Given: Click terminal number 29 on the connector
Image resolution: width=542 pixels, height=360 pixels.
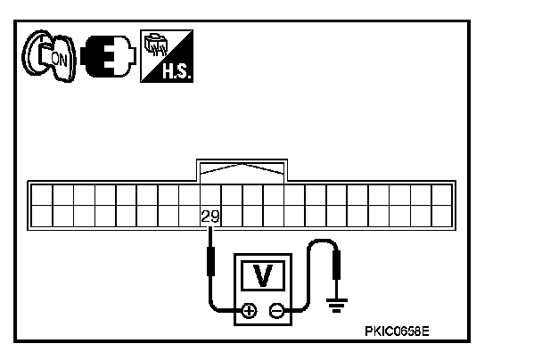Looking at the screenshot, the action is (x=211, y=216).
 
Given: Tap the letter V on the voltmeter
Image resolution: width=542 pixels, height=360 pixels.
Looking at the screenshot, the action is (x=263, y=275).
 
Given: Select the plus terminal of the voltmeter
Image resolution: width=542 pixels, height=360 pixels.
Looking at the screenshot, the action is (x=249, y=311).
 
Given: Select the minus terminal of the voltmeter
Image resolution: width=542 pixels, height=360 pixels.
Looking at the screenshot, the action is (x=277, y=311).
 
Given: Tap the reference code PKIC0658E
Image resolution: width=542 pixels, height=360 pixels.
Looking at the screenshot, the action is (x=397, y=331).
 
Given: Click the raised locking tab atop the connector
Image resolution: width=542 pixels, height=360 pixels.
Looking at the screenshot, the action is (x=243, y=170).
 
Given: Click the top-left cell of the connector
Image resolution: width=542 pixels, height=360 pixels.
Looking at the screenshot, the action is (x=42, y=194).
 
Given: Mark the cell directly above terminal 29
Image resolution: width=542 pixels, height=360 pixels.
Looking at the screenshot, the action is (x=211, y=194).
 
